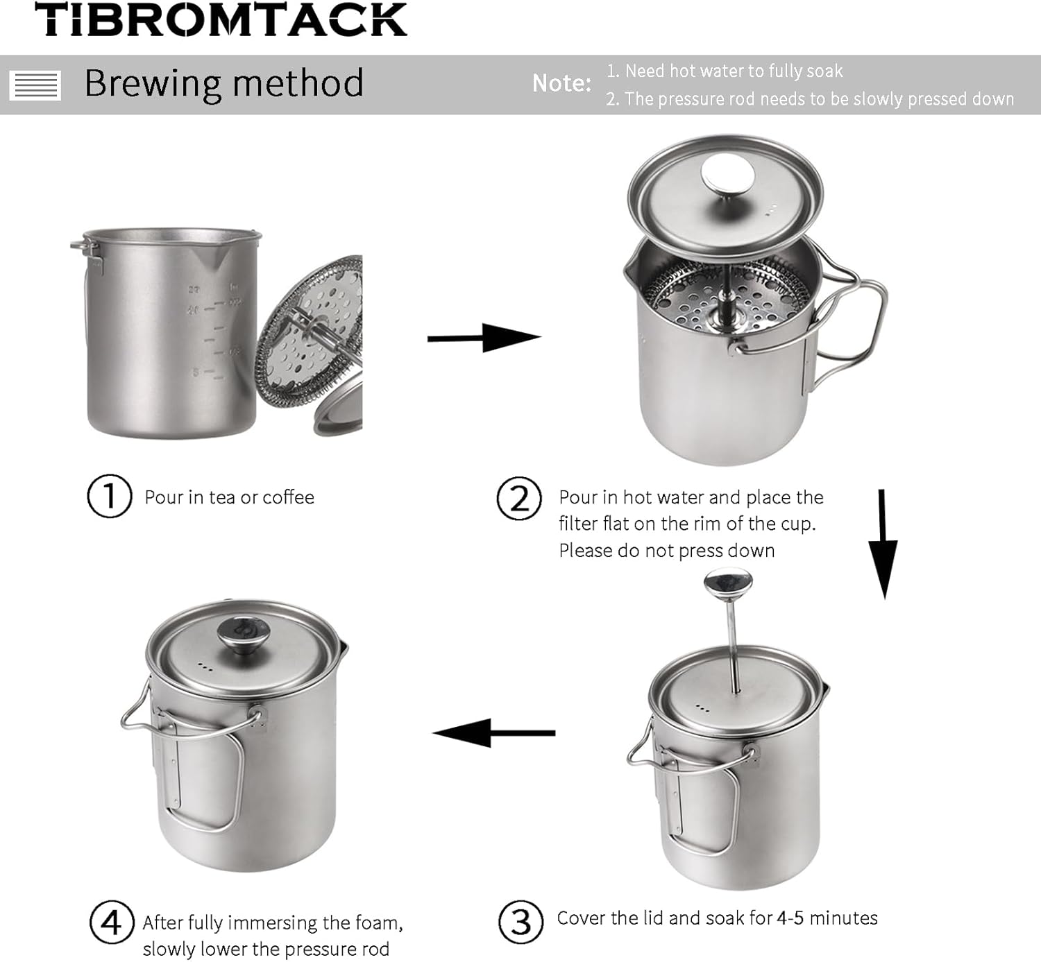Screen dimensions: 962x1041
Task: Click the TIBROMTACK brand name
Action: pyautogui.click(x=221, y=20)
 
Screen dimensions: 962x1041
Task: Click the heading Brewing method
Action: pyautogui.click(x=223, y=83)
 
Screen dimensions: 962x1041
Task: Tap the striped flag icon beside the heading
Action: pyautogui.click(x=35, y=85)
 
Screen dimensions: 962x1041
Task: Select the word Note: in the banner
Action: pyautogui.click(x=561, y=83)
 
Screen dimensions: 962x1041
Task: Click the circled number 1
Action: pyautogui.click(x=109, y=496)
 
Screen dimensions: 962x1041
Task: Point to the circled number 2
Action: pyautogui.click(x=518, y=499)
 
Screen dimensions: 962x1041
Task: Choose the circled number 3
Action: pyautogui.click(x=520, y=922)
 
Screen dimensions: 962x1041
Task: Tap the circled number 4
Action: pyautogui.click(x=111, y=922)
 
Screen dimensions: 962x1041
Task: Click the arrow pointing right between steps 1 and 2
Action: pyautogui.click(x=484, y=338)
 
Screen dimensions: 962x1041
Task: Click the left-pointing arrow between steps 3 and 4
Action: pyautogui.click(x=493, y=732)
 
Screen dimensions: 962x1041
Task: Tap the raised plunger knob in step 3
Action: pyautogui.click(x=727, y=583)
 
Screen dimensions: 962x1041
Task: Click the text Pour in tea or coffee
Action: pyautogui.click(x=229, y=497)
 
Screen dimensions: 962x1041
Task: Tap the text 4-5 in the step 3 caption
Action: pyautogui.click(x=790, y=918)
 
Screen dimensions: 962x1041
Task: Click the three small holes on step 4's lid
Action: pyautogui.click(x=205, y=667)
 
